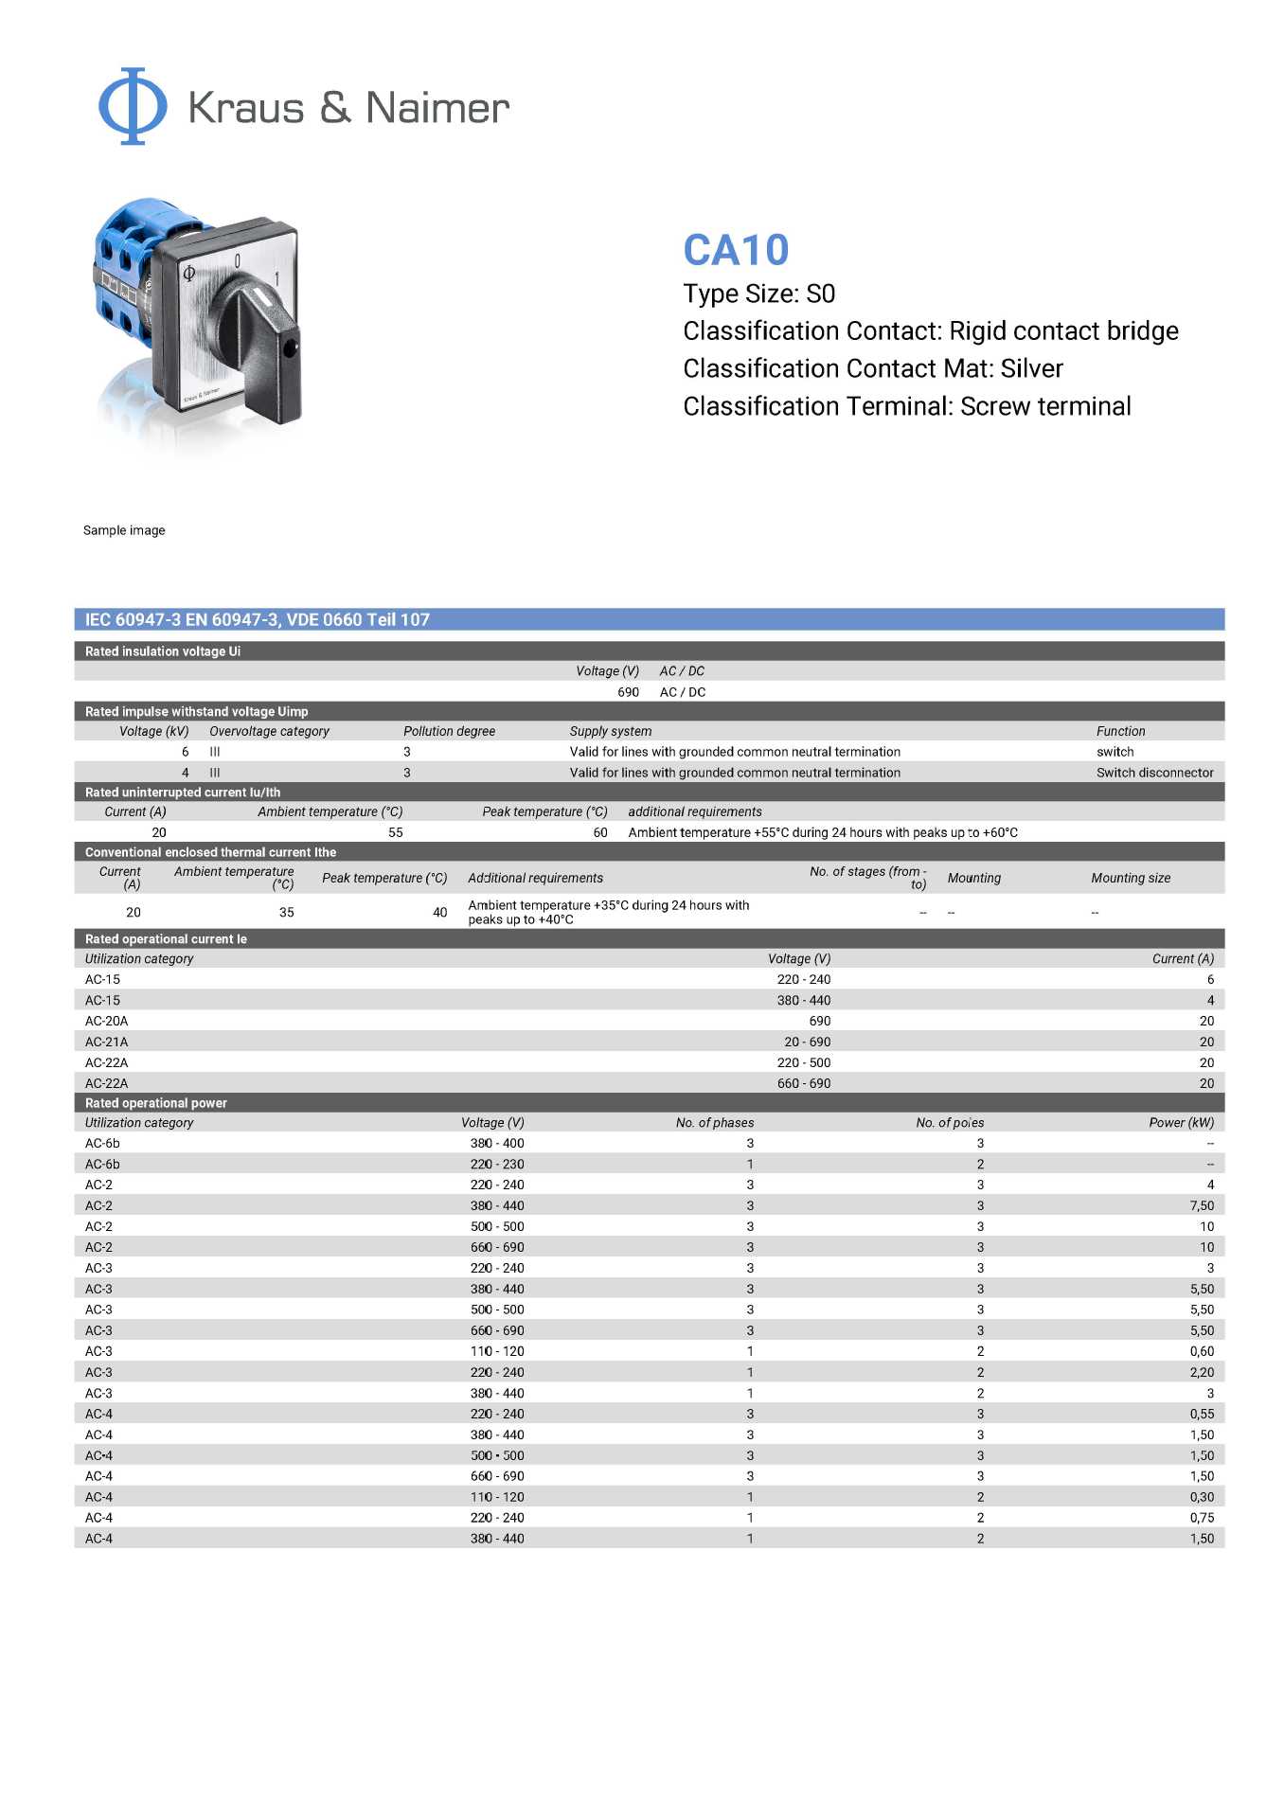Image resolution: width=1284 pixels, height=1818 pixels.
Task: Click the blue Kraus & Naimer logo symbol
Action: [133, 106]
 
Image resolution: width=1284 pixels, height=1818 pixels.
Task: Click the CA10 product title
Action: [736, 250]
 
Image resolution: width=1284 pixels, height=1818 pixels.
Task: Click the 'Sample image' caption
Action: [124, 530]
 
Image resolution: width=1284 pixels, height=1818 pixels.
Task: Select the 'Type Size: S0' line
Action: [758, 294]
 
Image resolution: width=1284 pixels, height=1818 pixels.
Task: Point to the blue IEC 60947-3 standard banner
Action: [649, 619]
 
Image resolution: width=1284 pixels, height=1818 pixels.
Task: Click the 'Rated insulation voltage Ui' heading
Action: [163, 651]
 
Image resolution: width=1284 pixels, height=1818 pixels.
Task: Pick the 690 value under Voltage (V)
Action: [628, 692]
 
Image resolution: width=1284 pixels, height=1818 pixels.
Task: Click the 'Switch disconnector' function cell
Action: [1154, 773]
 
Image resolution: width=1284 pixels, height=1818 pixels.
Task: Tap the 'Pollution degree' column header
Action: [449, 731]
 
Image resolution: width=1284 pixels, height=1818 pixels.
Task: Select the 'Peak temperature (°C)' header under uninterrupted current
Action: [544, 811]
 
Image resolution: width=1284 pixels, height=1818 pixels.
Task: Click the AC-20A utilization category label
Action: [106, 1021]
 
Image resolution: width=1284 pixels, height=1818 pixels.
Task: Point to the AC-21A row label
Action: [106, 1042]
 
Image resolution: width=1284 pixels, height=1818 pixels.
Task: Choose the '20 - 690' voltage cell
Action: [807, 1042]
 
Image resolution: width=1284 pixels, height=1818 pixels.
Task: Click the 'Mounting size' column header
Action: [1131, 878]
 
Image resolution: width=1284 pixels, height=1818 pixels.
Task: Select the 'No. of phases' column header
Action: [715, 1122]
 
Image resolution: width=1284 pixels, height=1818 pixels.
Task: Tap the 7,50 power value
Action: [1202, 1205]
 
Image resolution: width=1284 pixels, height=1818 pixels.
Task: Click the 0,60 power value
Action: [1202, 1351]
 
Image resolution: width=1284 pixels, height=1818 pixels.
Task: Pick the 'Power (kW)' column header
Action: [1181, 1122]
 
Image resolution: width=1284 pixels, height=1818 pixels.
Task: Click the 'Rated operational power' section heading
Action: [156, 1103]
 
